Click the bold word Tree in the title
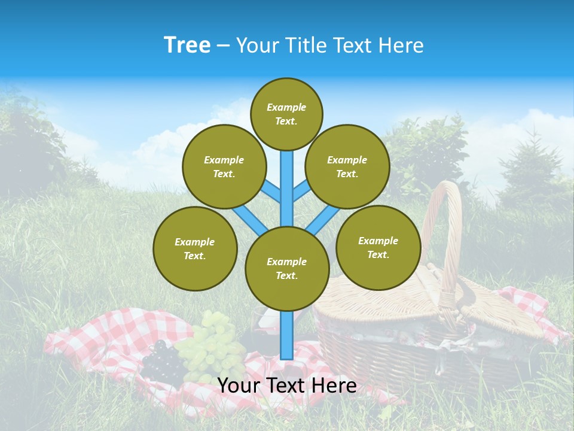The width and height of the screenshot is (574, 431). pyautogui.click(x=187, y=45)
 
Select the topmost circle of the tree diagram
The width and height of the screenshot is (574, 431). pyautogui.click(x=286, y=114)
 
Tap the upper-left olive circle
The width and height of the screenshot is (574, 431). pyautogui.click(x=224, y=166)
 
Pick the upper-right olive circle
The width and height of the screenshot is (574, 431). pyautogui.click(x=347, y=166)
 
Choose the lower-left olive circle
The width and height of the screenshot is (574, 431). pyautogui.click(x=195, y=248)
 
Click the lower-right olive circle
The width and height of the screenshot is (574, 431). pyautogui.click(x=378, y=247)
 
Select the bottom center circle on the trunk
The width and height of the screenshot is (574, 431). pyautogui.click(x=287, y=269)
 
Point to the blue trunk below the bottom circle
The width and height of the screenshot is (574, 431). pyautogui.click(x=287, y=335)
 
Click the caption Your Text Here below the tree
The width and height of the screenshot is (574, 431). pyautogui.click(x=287, y=386)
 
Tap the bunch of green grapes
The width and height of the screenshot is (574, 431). pyautogui.click(x=212, y=347)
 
